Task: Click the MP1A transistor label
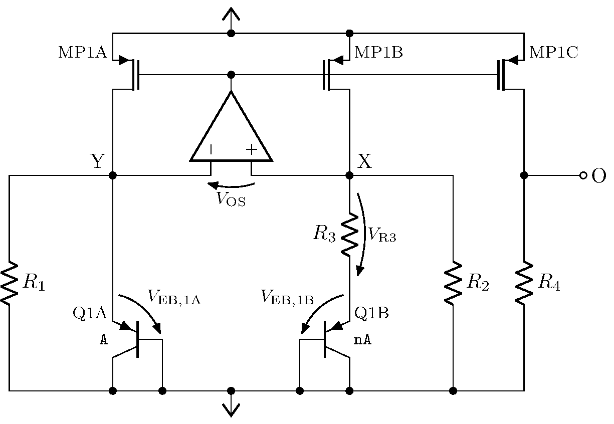click(x=83, y=52)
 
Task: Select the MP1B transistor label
click(x=378, y=52)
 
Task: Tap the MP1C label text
click(x=553, y=52)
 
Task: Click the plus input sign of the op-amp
click(x=251, y=149)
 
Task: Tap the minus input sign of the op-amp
click(x=212, y=149)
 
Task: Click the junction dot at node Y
click(x=113, y=175)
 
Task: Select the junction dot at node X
click(x=349, y=175)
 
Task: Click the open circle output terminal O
click(x=583, y=175)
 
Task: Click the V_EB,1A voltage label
click(x=174, y=297)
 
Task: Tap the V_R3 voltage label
click(x=382, y=234)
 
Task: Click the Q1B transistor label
click(x=371, y=313)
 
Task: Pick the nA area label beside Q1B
click(x=363, y=340)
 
